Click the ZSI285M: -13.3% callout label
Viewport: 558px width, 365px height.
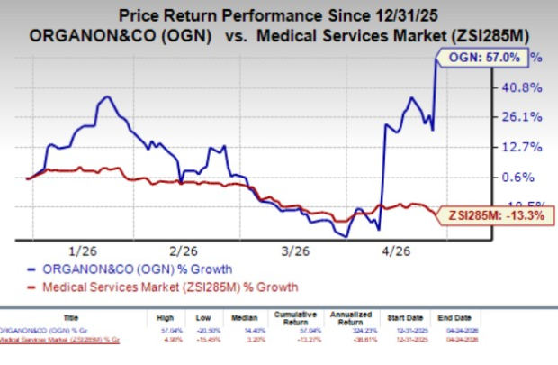tap(492, 214)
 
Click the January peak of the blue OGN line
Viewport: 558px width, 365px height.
tap(107, 96)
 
